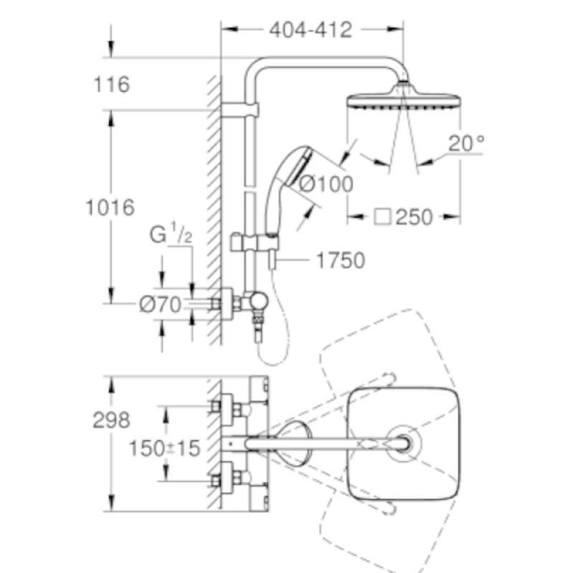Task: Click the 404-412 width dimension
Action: pos(311,29)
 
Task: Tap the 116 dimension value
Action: pos(111,85)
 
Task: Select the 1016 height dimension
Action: pos(110,208)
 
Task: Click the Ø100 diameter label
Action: pos(326,184)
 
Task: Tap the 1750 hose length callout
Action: pos(340,260)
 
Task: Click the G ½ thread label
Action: pos(170,234)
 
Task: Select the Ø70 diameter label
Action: pos(160,304)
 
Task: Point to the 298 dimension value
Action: pos(111,420)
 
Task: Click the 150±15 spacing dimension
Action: pos(164,448)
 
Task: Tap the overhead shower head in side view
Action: pos(402,99)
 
